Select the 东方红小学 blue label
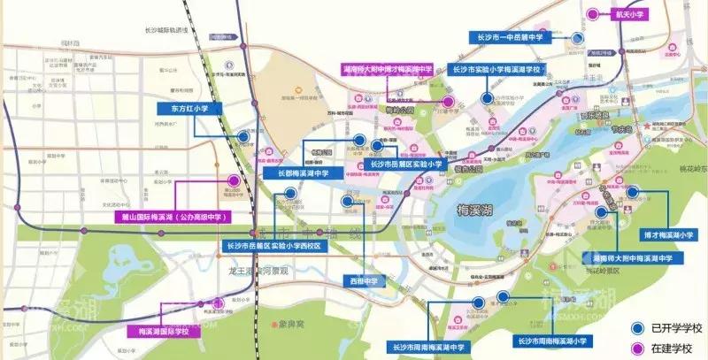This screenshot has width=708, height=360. [189, 108]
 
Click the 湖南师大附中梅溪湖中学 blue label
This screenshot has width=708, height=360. [633, 258]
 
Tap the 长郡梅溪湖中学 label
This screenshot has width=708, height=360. [296, 173]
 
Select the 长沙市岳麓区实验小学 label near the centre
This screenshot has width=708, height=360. [405, 164]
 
